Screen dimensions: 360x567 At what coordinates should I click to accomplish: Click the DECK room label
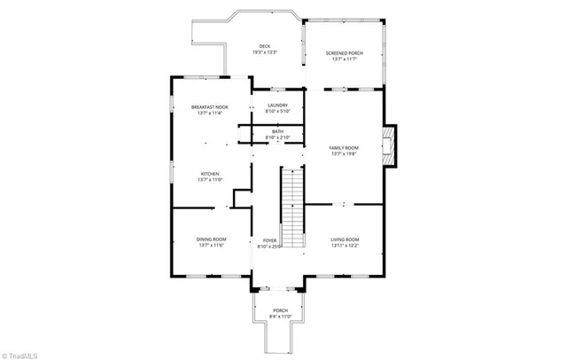point(264,46)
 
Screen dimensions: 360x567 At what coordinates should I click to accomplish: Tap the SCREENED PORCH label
point(345,53)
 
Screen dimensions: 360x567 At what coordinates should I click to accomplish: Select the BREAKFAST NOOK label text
point(209,107)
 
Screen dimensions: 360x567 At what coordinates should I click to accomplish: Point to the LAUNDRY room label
point(278,105)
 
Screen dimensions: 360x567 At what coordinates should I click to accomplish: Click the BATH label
point(278,132)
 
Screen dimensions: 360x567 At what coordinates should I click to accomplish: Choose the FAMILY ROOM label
point(344,147)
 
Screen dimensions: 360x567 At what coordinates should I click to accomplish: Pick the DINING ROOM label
point(211,239)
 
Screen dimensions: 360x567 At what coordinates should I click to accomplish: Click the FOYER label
point(269,240)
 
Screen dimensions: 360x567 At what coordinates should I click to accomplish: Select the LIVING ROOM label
point(345,239)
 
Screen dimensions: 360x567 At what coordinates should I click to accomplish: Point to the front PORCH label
point(280,310)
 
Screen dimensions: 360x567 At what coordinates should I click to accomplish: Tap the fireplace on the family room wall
point(389,145)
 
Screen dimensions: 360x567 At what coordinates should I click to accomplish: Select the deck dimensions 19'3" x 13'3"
point(264,53)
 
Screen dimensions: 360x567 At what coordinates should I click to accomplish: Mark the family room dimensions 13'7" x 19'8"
point(344,154)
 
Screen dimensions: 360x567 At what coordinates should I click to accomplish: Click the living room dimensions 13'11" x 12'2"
point(345,246)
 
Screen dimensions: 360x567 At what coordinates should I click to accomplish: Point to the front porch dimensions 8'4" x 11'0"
point(280,317)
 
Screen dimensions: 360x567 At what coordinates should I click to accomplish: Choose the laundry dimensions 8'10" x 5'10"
point(278,112)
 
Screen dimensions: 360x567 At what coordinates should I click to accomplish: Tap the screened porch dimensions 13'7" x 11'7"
point(345,59)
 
